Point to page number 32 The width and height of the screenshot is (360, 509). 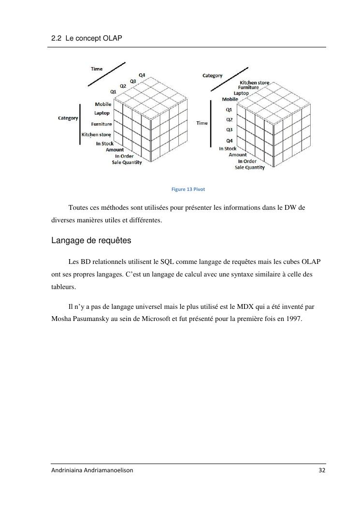click(322, 471)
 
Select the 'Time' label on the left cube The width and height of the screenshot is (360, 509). click(97, 69)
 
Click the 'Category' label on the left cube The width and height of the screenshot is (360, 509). click(68, 118)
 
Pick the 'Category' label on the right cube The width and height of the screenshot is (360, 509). click(212, 75)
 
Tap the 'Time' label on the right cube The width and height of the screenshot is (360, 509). click(202, 123)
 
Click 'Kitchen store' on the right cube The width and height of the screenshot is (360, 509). click(255, 83)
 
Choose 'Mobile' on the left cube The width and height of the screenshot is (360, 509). click(103, 104)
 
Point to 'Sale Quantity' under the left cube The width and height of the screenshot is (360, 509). click(127, 162)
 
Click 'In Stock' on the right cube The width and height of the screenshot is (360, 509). click(228, 149)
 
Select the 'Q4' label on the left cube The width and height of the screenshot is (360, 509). click(142, 75)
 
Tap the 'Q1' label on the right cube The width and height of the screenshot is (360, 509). click(229, 110)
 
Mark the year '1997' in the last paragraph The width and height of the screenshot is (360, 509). click(294, 319)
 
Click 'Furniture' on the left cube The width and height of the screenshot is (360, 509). click(101, 124)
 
